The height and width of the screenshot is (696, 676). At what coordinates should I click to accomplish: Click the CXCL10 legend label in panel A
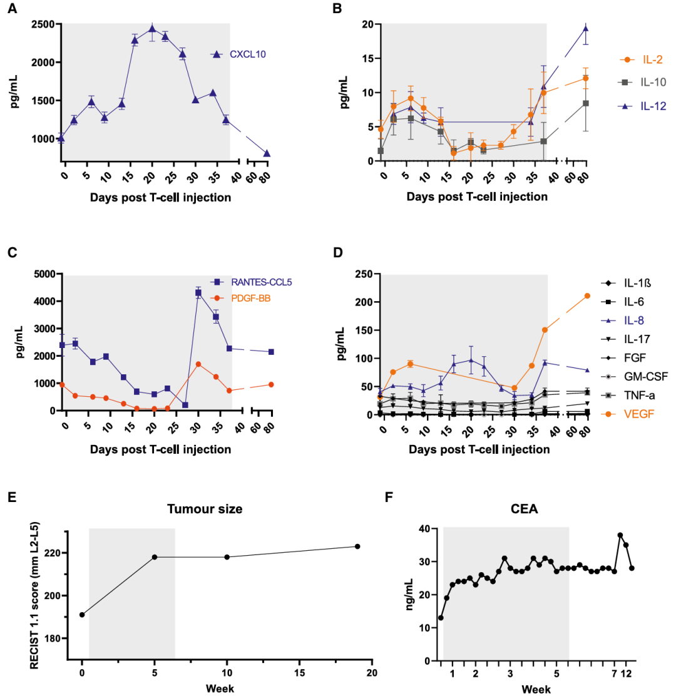[248, 54]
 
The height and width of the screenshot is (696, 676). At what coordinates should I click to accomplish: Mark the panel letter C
[11, 253]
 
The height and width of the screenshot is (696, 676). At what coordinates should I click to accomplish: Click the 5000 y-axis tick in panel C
[42, 274]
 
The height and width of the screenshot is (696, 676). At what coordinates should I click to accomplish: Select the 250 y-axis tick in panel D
[363, 274]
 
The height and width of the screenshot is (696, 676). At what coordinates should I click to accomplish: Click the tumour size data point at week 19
[357, 546]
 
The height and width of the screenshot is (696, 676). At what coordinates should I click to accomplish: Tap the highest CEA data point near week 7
[620, 535]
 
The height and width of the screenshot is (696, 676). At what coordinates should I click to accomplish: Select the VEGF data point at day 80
[587, 296]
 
